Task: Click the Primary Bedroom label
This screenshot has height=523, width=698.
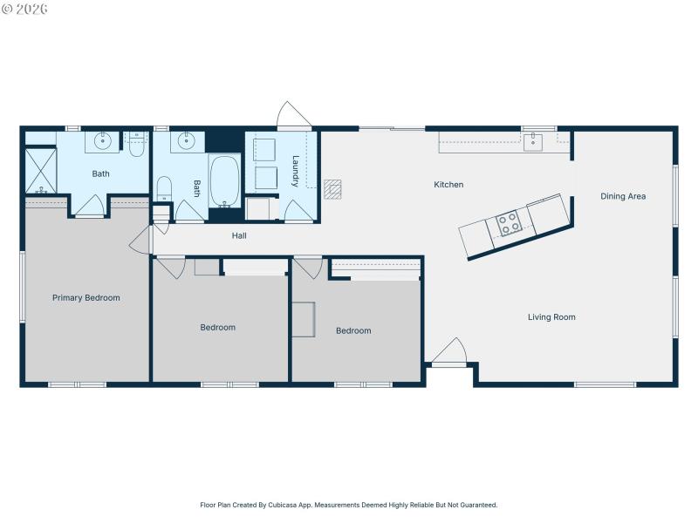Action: pyautogui.click(x=86, y=298)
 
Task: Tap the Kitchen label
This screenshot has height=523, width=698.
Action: pyautogui.click(x=448, y=185)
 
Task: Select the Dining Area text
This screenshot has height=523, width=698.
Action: pyautogui.click(x=623, y=196)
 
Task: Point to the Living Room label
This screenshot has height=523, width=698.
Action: pyautogui.click(x=551, y=317)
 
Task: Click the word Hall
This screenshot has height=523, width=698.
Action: pyautogui.click(x=238, y=236)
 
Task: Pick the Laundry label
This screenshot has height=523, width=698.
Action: pyautogui.click(x=296, y=171)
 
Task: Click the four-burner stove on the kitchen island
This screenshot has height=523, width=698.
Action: pyautogui.click(x=509, y=224)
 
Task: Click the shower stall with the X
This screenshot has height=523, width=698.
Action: pyautogui.click(x=40, y=170)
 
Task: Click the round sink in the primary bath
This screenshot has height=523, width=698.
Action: pyautogui.click(x=103, y=140)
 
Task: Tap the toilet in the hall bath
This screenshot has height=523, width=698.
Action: pyautogui.click(x=164, y=189)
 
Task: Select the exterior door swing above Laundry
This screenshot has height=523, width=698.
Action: pyautogui.click(x=292, y=117)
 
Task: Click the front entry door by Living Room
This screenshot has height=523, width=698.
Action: pyautogui.click(x=449, y=353)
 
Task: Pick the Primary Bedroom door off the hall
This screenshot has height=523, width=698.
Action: pyautogui.click(x=141, y=241)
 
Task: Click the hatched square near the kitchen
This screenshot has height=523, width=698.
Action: pyautogui.click(x=332, y=189)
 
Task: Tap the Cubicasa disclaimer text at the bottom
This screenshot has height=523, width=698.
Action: pyautogui.click(x=348, y=505)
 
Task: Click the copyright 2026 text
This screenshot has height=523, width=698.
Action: pyautogui.click(x=25, y=9)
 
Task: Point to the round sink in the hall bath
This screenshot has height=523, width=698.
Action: pyautogui.click(x=186, y=140)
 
